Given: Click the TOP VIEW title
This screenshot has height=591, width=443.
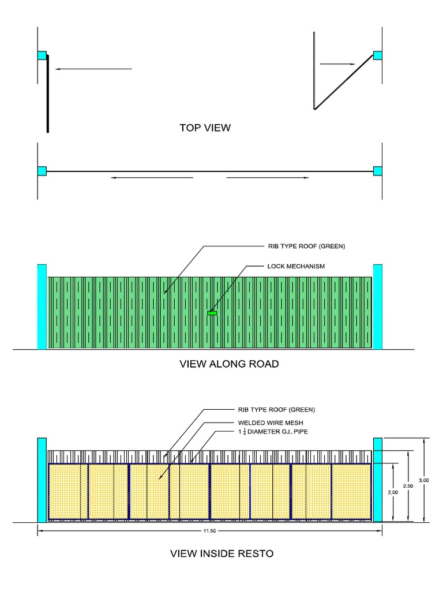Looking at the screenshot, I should click(205, 128).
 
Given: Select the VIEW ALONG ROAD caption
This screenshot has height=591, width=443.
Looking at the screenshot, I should click(229, 364).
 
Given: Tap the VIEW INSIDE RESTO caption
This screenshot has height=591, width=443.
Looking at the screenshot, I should click(221, 553).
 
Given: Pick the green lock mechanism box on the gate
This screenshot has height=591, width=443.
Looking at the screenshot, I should click(212, 313).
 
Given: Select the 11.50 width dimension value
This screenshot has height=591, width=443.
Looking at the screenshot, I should click(209, 530).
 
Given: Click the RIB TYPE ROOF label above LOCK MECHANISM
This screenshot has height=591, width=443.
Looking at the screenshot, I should click(306, 246).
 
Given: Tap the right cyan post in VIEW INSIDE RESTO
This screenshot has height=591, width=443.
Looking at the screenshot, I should click(378, 480).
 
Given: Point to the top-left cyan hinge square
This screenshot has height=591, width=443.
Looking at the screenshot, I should click(42, 55).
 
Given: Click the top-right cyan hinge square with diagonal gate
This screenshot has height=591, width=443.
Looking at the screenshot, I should click(378, 55).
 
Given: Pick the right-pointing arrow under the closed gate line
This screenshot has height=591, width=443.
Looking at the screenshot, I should click(267, 178).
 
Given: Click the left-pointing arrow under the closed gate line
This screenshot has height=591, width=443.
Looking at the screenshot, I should click(152, 178).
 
